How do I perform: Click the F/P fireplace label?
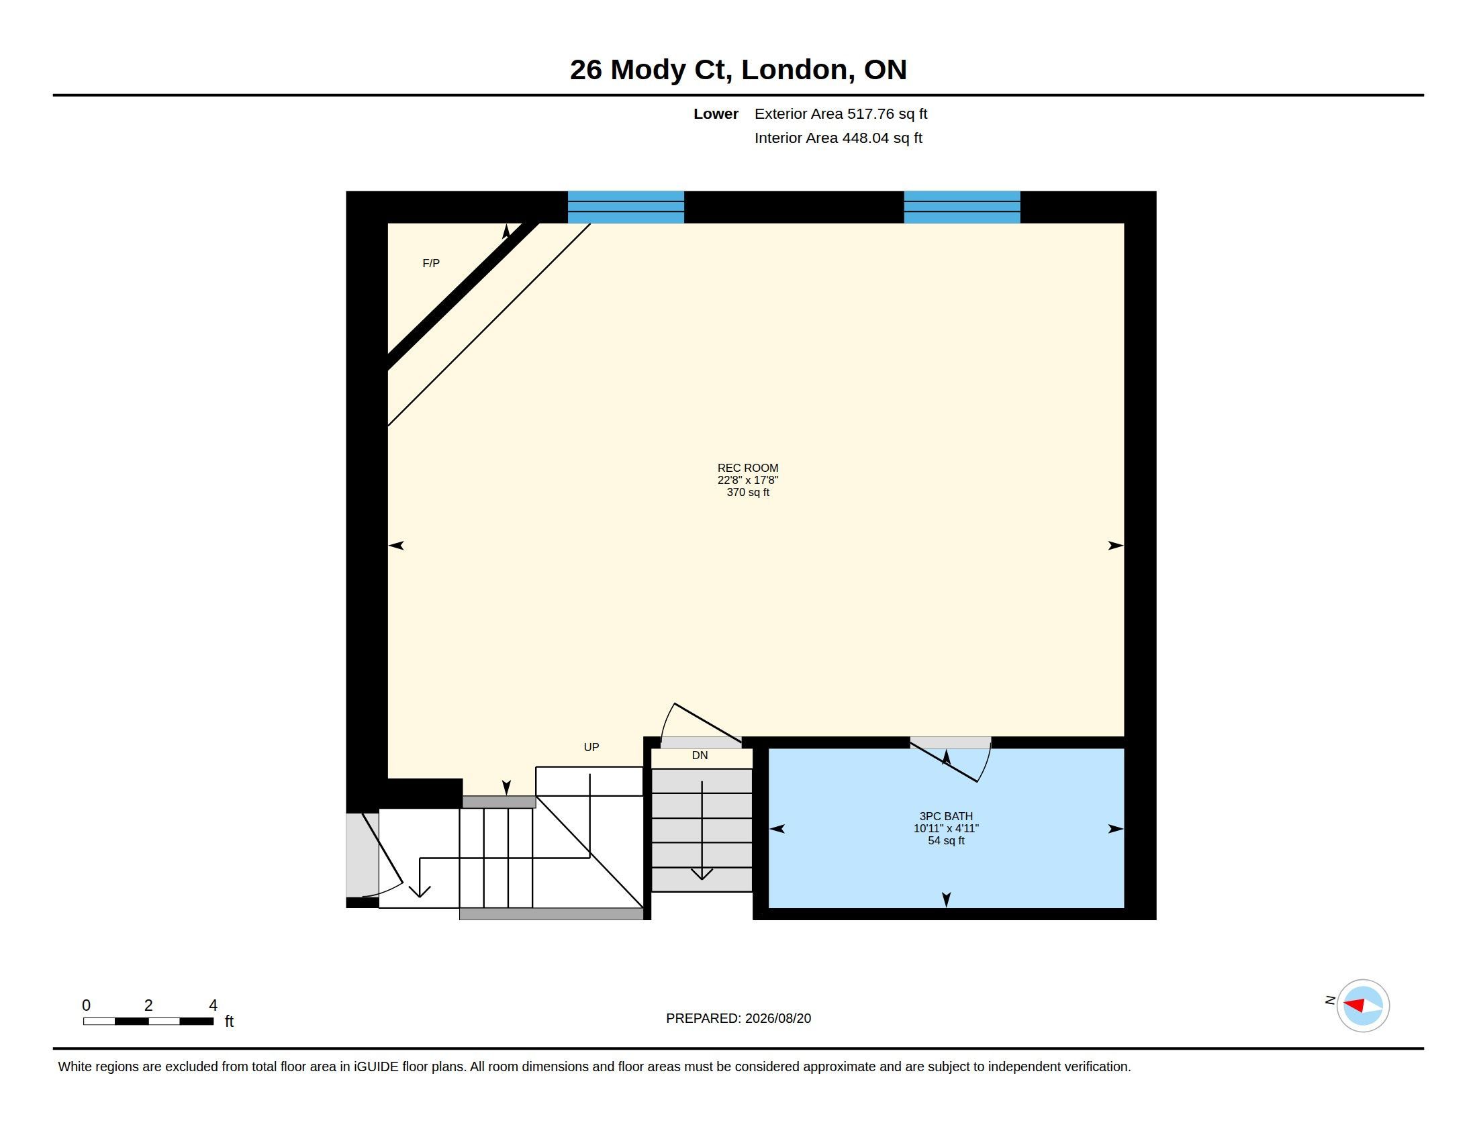point(431,263)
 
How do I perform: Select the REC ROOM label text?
point(748,468)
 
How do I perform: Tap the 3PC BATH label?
point(946,816)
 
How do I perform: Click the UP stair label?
point(591,747)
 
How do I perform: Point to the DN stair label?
point(700,755)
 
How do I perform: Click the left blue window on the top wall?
point(626,207)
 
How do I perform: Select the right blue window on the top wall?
point(961,207)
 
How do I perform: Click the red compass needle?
point(1353,1006)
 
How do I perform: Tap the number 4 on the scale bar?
point(213,1005)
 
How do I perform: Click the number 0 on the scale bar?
point(86,1005)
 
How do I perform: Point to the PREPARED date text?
point(738,1018)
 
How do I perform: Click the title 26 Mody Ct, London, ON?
point(738,70)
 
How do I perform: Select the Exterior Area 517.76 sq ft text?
point(841,113)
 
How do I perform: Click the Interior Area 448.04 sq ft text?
point(838,138)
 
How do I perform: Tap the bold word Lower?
point(716,113)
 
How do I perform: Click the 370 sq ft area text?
point(748,492)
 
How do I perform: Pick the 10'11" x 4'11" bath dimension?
point(946,828)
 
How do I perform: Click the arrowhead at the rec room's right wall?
point(1116,546)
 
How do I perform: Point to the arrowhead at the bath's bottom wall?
point(946,899)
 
